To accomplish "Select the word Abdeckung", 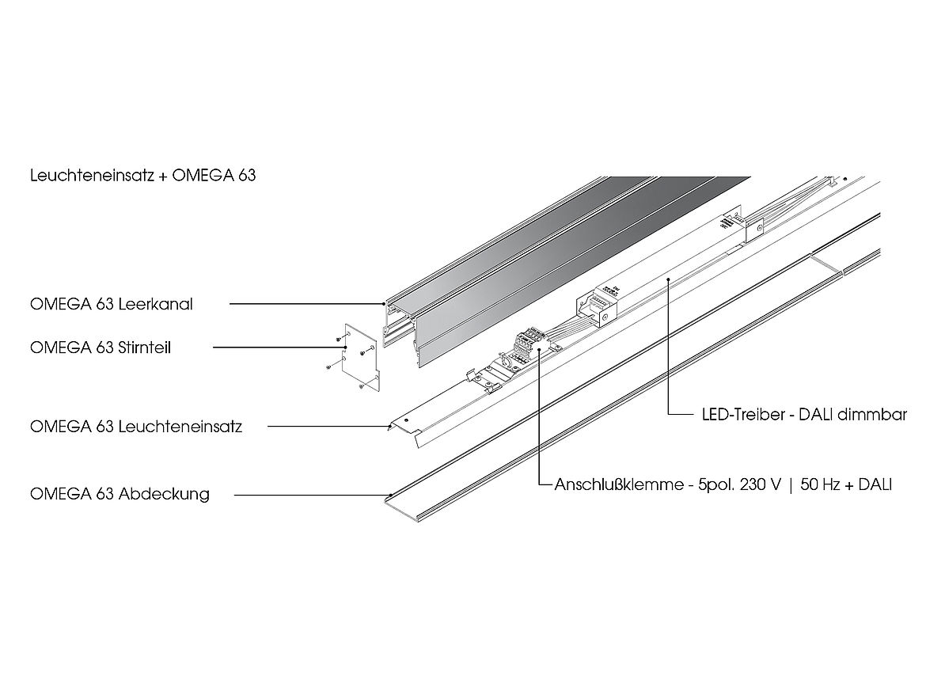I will [164, 494].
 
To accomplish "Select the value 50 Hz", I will [820, 484].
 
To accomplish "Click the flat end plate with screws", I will [358, 357].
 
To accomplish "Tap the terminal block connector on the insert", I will [526, 345].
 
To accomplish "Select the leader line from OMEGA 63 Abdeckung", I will [309, 495].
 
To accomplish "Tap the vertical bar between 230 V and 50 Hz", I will [789, 484].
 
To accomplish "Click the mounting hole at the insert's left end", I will [406, 421].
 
